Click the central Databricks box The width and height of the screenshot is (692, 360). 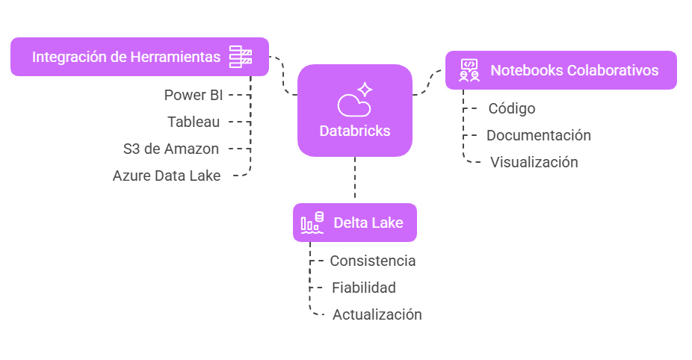coord(355,111)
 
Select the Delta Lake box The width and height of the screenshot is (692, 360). coord(355,223)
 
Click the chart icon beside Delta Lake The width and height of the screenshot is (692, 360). coord(312,223)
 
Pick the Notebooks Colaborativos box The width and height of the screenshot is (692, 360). coord(560,70)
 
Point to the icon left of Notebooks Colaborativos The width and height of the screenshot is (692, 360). coord(469,70)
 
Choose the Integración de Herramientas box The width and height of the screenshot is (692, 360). coord(140,57)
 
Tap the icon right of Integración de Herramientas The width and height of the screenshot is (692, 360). coord(241,57)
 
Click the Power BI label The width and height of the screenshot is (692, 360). coord(194,95)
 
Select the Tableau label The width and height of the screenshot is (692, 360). coord(193,122)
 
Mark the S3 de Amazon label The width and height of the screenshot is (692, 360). coord(171,149)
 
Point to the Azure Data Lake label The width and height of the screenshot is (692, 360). coord(167,176)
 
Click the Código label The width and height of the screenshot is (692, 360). coord(512,108)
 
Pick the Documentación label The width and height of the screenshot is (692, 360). coord(539,135)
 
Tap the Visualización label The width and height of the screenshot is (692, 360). coord(534,162)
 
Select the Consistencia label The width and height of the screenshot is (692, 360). coord(373,261)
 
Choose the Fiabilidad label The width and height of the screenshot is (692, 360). coord(364,288)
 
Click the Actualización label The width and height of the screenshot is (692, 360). coord(377,314)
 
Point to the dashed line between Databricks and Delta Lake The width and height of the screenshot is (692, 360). coord(355,180)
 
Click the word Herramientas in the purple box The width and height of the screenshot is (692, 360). coord(176,57)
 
